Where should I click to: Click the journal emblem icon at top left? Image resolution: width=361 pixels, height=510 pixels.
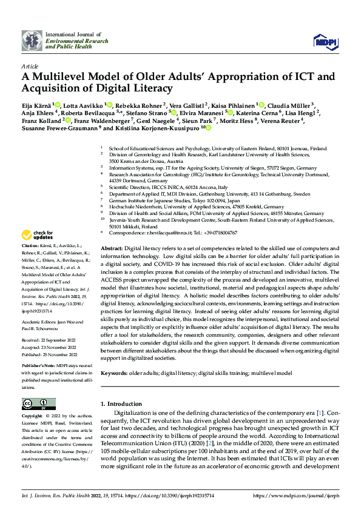(31, 41)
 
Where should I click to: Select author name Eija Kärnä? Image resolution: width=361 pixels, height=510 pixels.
(36, 105)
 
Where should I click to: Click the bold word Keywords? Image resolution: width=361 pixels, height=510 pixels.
(113, 373)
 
